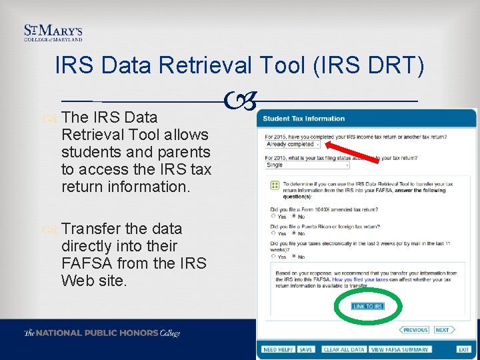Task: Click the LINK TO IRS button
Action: [x=368, y=307]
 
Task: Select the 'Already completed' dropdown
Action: [x=293, y=144]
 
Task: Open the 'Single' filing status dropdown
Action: [x=307, y=165]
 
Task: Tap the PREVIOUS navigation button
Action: [x=414, y=330]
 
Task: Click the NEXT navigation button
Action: [x=443, y=330]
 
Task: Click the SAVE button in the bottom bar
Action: [x=306, y=349]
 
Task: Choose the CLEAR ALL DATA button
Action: [x=344, y=349]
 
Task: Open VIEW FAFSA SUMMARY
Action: [x=399, y=349]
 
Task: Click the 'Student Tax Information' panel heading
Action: [x=303, y=119]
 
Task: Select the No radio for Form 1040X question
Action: [x=294, y=216]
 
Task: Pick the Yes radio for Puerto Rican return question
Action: [x=273, y=233]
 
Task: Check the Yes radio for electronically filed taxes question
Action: [x=273, y=257]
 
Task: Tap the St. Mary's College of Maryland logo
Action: [x=53, y=34]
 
